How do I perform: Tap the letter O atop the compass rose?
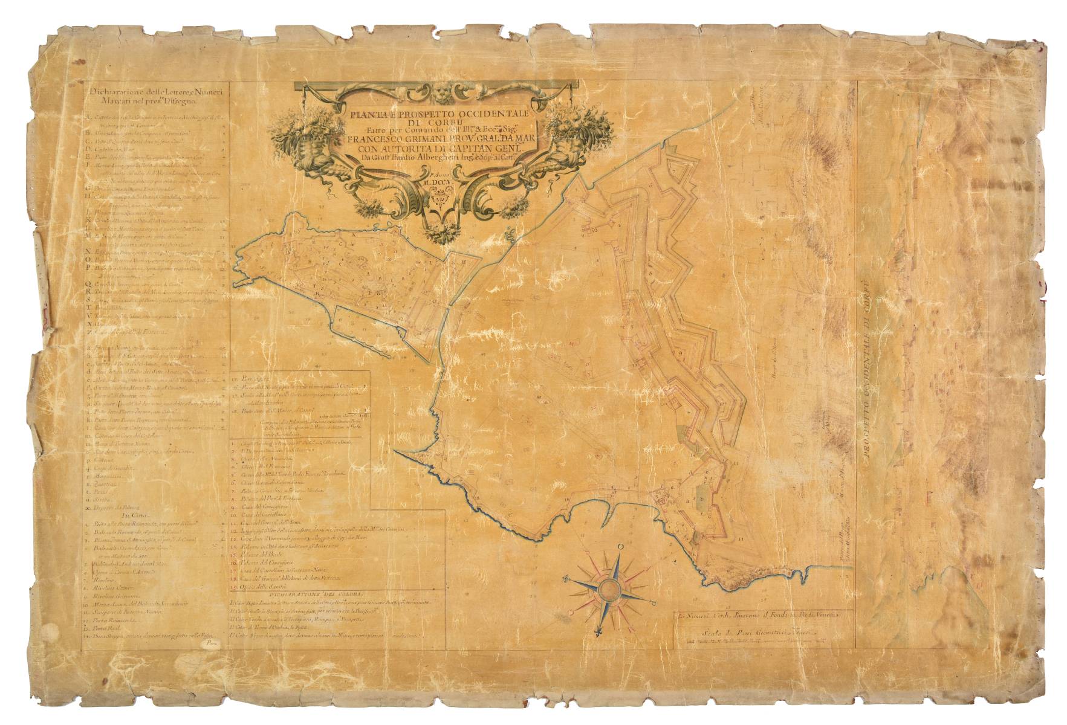click(x=621, y=547)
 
